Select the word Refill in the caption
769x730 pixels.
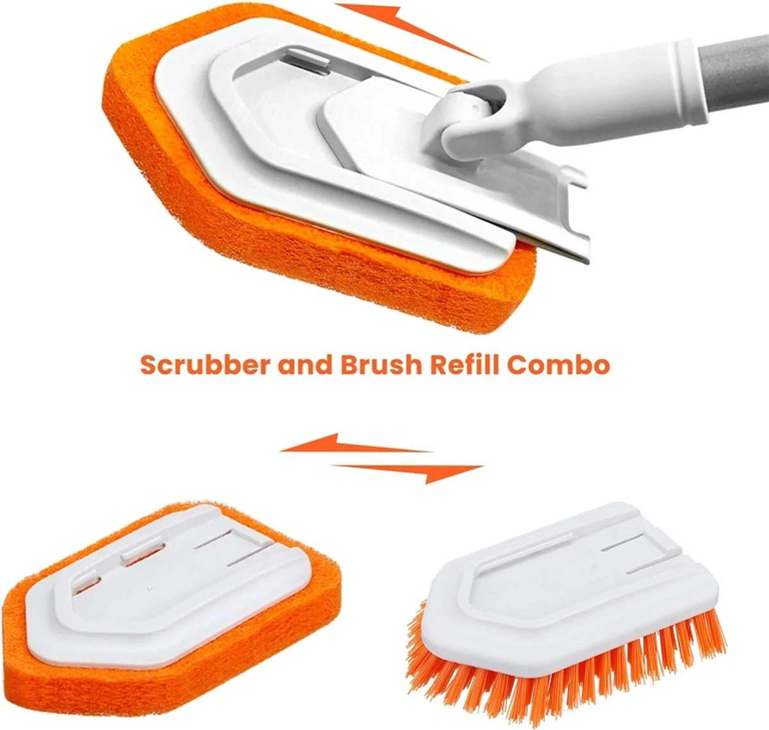464,365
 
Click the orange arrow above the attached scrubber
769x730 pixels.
410,29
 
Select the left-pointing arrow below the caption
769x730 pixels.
352,443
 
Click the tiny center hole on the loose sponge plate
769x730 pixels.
148,588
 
